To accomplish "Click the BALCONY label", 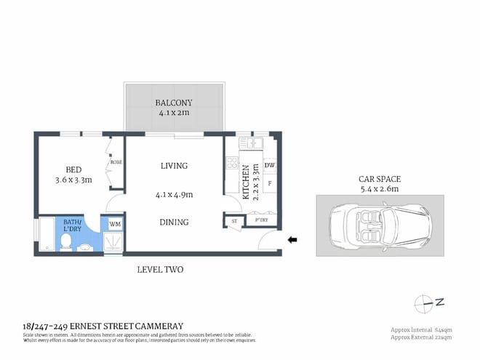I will (173, 103).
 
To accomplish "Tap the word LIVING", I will (174, 166).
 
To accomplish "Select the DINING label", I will (174, 222).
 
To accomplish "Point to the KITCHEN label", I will (247, 182).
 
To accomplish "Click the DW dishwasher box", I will (269, 166).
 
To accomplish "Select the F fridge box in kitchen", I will (269, 183).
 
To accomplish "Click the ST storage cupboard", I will (234, 220).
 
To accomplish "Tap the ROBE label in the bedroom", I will (116, 162).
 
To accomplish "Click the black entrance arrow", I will (292, 239).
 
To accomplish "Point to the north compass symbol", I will (425, 301).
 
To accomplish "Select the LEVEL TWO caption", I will (160, 270).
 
